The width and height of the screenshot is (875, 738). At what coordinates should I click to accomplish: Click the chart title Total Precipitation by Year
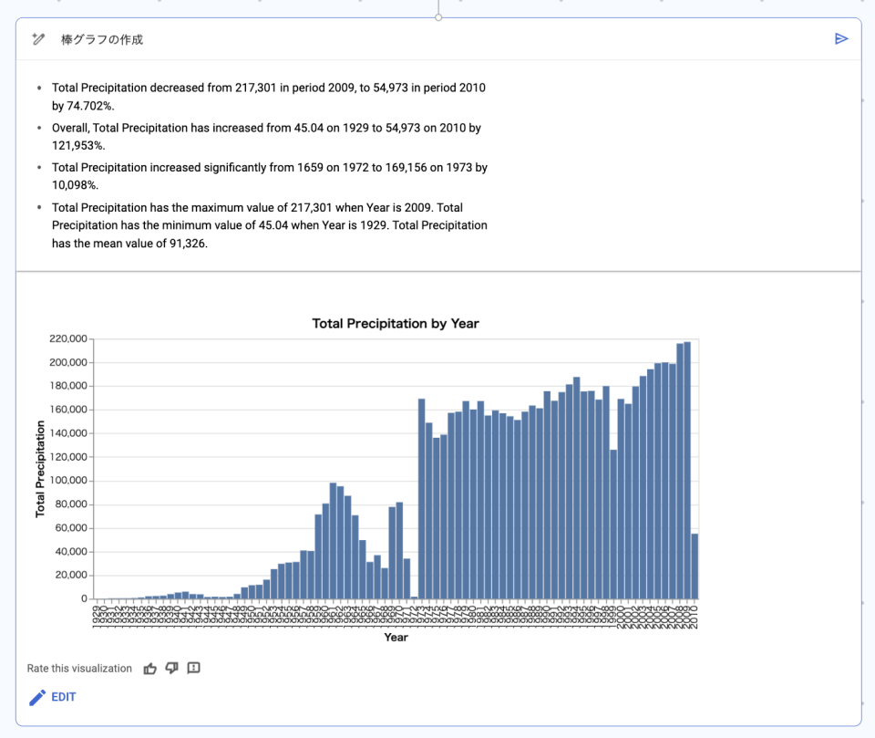tap(395, 323)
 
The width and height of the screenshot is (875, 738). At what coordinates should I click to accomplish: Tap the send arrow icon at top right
tap(841, 38)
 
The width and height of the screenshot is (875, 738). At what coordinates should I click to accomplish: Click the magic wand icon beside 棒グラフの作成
tap(38, 39)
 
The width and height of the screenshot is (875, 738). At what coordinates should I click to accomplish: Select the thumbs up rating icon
tap(150, 669)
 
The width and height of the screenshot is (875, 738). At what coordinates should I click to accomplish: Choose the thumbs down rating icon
tap(172, 669)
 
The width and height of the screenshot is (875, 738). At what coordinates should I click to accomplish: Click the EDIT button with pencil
tap(53, 697)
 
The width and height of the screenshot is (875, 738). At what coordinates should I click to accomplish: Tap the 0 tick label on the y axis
tap(83, 599)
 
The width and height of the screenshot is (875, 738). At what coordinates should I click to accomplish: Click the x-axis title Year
tap(396, 638)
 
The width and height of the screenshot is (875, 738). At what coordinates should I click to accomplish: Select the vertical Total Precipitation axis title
tap(40, 469)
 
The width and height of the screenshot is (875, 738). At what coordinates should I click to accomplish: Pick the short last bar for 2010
tap(695, 566)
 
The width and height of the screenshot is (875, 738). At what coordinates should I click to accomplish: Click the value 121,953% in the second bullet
tap(78, 145)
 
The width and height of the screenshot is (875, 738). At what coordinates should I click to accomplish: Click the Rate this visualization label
tap(79, 669)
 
